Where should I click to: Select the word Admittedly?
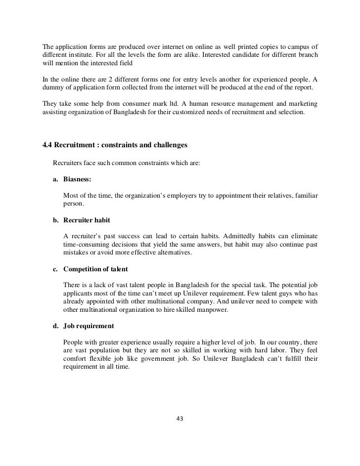224,235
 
